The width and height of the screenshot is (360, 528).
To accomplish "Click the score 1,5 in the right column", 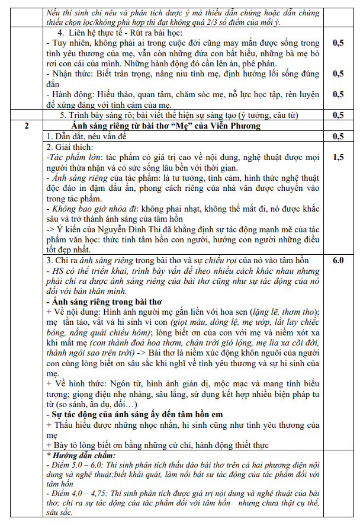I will pyautogui.click(x=338, y=157).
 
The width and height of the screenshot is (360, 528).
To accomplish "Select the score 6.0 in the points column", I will pyautogui.click(x=338, y=260).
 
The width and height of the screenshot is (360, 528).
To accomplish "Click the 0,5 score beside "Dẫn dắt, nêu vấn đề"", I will pyautogui.click(x=338, y=136).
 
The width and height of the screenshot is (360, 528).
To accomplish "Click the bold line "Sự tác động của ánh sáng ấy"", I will pyautogui.click(x=136, y=414).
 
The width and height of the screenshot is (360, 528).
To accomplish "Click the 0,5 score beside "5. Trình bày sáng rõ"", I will pyautogui.click(x=338, y=115).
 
